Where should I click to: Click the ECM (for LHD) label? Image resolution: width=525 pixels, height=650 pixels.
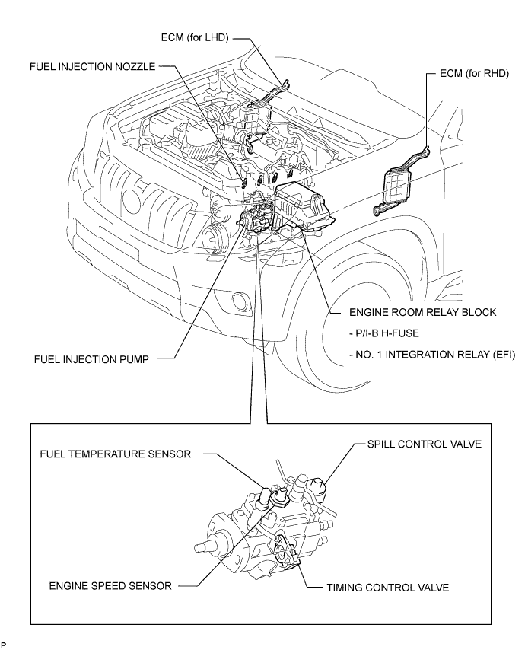click(x=195, y=38)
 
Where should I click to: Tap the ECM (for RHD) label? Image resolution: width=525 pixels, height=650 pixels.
click(x=474, y=73)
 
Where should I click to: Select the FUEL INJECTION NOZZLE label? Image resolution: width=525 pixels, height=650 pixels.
click(x=92, y=67)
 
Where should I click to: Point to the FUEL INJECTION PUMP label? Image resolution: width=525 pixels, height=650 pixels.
click(x=91, y=359)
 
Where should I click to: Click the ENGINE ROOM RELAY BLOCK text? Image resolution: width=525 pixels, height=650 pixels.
click(x=422, y=312)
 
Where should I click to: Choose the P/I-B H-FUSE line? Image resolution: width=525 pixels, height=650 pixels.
click(x=384, y=333)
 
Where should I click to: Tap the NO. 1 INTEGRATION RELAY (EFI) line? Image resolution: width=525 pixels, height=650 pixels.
click(x=432, y=355)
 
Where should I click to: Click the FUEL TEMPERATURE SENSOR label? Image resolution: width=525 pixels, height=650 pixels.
click(x=115, y=454)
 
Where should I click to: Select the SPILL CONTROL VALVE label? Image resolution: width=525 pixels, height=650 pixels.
click(x=425, y=444)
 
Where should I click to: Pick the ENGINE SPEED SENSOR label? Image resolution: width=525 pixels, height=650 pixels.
click(x=110, y=586)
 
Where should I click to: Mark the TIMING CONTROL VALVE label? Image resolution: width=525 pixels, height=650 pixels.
click(x=387, y=588)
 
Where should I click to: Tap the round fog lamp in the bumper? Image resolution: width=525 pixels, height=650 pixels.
click(x=239, y=299)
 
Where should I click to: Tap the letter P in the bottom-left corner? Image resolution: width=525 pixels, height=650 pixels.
click(x=4, y=645)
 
